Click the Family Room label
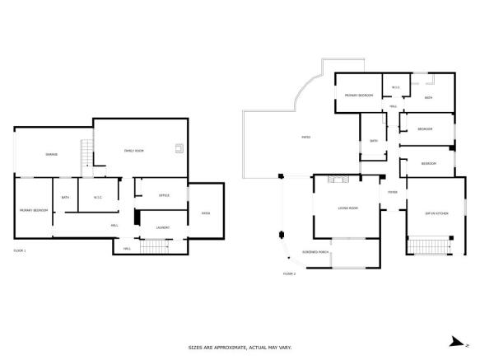tap(133, 151)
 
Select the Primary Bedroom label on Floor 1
tap(34, 211)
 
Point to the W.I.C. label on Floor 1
tap(97, 197)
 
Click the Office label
tap(163, 195)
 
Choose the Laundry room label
tap(162, 227)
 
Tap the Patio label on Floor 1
tap(205, 213)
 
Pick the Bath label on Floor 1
tap(65, 197)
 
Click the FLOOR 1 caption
tap(20, 250)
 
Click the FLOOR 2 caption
tap(289, 273)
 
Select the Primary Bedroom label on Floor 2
tap(359, 96)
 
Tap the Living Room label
tap(347, 208)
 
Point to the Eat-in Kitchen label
tap(436, 213)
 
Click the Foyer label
tap(393, 193)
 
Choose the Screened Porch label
tap(316, 251)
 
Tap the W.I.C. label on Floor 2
tap(396, 87)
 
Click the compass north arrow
tap(454, 340)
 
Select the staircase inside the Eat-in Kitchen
tap(430, 246)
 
